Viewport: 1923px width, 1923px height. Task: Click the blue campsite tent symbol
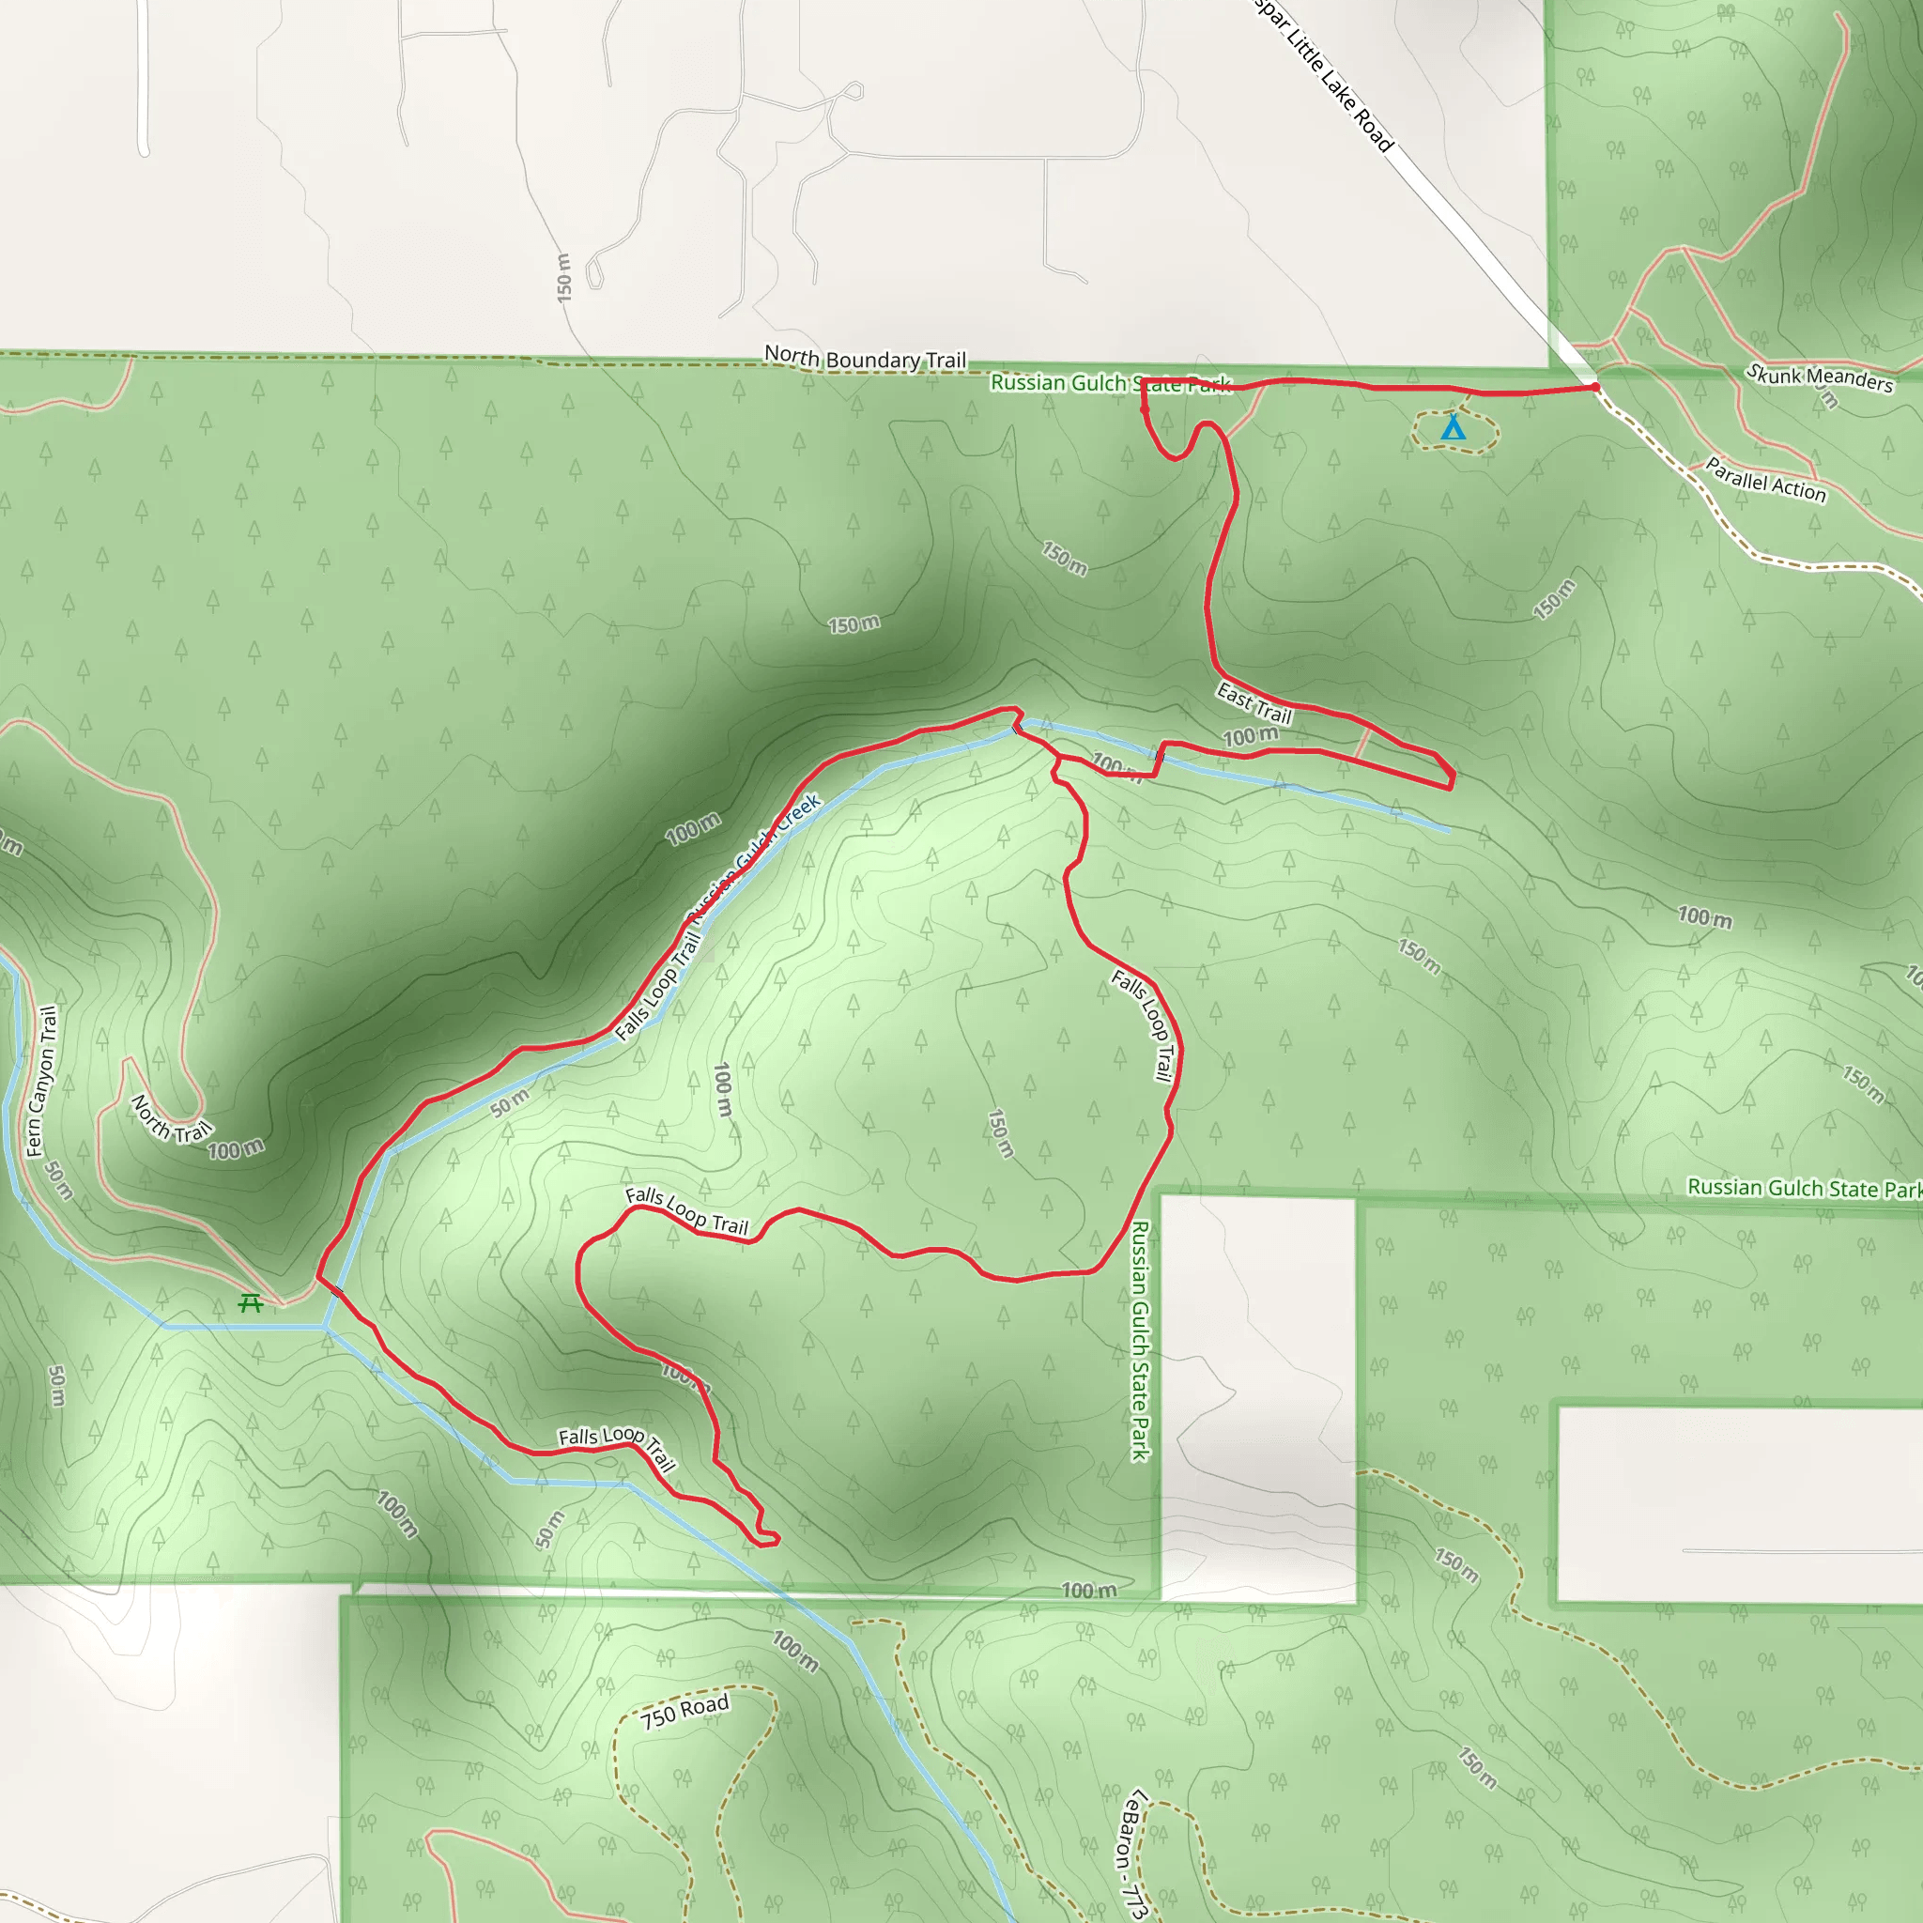coord(1454,428)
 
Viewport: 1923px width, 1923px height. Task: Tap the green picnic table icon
coord(251,1302)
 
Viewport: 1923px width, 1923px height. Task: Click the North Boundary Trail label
coord(865,359)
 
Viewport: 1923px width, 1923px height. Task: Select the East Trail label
coord(1254,702)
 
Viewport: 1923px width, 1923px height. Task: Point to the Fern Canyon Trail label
coord(40,1082)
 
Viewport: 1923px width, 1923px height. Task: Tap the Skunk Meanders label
coord(1820,377)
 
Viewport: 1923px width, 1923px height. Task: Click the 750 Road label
coord(685,1711)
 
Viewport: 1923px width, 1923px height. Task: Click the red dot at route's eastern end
coord(1595,387)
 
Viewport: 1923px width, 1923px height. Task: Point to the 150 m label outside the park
coord(563,278)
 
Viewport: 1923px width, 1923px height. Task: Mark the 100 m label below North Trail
coord(236,1149)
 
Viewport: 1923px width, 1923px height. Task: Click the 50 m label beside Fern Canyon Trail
coord(60,1180)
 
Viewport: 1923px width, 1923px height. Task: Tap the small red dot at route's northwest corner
coord(1145,408)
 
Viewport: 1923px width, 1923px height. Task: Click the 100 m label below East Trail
coord(1250,736)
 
